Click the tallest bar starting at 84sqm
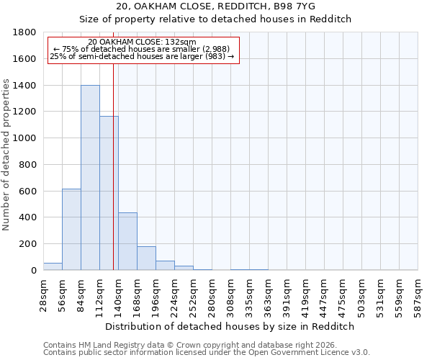[90, 178]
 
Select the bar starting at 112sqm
[109, 193]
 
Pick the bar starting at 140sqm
[127, 241]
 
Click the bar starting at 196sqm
[165, 266]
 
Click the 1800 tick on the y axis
[24, 32]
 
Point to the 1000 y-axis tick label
[24, 138]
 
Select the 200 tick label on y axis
[27, 244]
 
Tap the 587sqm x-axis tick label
[418, 294]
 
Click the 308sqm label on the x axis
[231, 294]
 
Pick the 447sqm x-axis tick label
[325, 294]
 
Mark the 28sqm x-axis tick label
[44, 293]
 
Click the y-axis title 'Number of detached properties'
[6, 151]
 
